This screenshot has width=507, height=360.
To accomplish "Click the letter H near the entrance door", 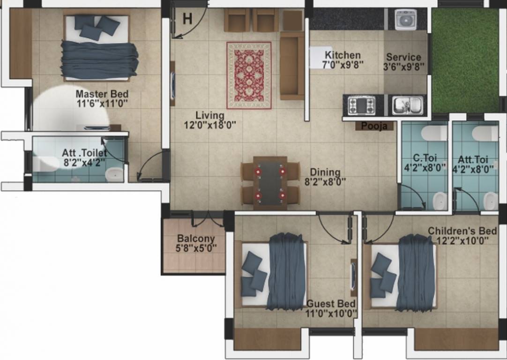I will coord(187,19).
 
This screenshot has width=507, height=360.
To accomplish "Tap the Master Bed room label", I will coord(102,94).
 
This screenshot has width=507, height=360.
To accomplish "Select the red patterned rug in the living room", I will coord(249,75).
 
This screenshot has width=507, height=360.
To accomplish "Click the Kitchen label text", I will coord(343,55).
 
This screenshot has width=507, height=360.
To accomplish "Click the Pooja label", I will coord(373,126).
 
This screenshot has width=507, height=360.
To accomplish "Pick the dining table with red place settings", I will coord(270,182).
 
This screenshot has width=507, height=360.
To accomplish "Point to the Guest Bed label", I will coord(331,303).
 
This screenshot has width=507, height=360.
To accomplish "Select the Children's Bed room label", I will coord(462,231).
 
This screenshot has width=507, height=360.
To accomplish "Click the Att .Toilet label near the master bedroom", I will coord(84,153).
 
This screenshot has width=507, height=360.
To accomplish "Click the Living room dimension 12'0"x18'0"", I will coord(209,124).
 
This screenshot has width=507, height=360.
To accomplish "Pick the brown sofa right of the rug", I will coord(292,66).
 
